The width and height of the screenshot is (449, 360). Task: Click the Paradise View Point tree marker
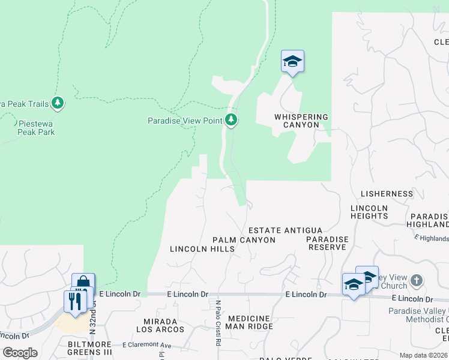click(x=231, y=119)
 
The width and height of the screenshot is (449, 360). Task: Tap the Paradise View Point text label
click(x=185, y=121)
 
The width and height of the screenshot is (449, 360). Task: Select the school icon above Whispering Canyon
click(x=292, y=62)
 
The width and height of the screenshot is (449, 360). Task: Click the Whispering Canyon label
click(x=301, y=121)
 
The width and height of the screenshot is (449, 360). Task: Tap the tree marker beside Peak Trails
click(x=58, y=103)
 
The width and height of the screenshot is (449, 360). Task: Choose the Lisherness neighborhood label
click(x=387, y=194)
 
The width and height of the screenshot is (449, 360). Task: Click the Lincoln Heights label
click(x=369, y=212)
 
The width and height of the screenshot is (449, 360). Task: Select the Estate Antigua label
click(x=286, y=230)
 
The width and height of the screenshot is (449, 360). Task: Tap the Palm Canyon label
click(x=244, y=240)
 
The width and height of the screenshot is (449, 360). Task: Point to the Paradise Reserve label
click(x=327, y=243)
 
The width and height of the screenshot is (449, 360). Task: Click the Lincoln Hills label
click(x=200, y=249)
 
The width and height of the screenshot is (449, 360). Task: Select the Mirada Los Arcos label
click(x=160, y=325)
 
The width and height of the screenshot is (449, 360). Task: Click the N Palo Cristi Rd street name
click(x=218, y=323)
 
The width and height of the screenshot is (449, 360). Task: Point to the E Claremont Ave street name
click(x=147, y=345)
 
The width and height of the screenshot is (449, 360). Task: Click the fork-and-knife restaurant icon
click(x=75, y=300)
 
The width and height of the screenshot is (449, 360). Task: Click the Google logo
click(x=20, y=353)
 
